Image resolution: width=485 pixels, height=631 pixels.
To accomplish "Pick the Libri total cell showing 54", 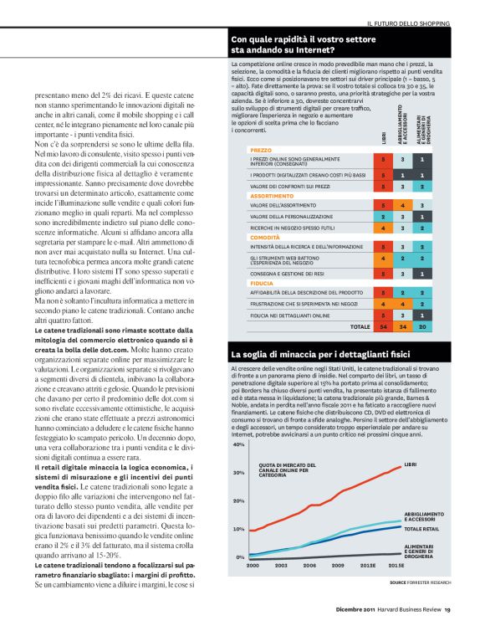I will [x=383, y=326].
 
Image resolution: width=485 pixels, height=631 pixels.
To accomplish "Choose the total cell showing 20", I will [x=422, y=326].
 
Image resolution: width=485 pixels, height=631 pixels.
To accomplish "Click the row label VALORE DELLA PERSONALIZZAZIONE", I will [x=296, y=215].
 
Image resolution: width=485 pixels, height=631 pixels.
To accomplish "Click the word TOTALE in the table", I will [x=360, y=326].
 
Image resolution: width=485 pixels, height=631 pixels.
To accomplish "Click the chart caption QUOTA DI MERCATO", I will [x=285, y=467].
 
